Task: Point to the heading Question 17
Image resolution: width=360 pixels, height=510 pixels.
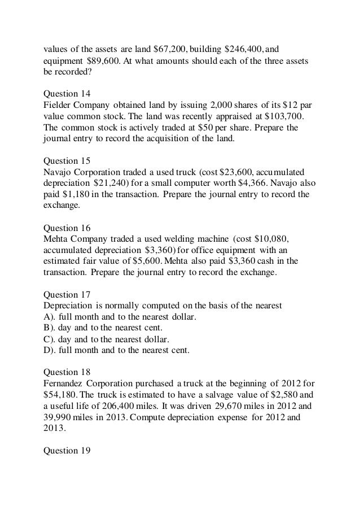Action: pyautogui.click(x=67, y=294)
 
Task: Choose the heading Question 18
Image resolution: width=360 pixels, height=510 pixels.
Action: pyautogui.click(x=67, y=373)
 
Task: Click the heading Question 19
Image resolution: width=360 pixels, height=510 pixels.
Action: pyautogui.click(x=67, y=450)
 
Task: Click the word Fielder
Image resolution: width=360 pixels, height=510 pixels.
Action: pyautogui.click(x=59, y=104)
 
